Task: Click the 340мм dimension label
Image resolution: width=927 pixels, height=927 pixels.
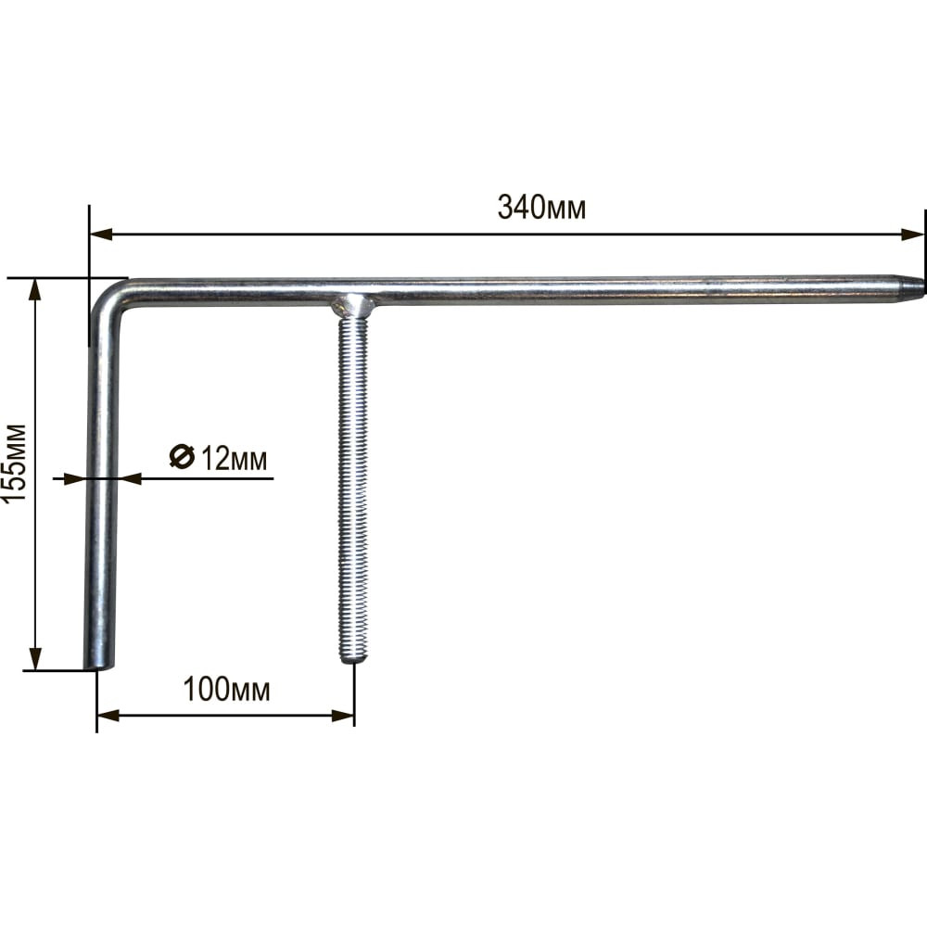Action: [x=541, y=208]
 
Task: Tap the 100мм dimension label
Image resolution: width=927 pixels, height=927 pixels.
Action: [x=227, y=690]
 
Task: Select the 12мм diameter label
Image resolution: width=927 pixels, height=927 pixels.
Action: [x=218, y=458]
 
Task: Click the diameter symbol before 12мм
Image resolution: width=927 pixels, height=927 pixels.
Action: [x=182, y=456]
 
